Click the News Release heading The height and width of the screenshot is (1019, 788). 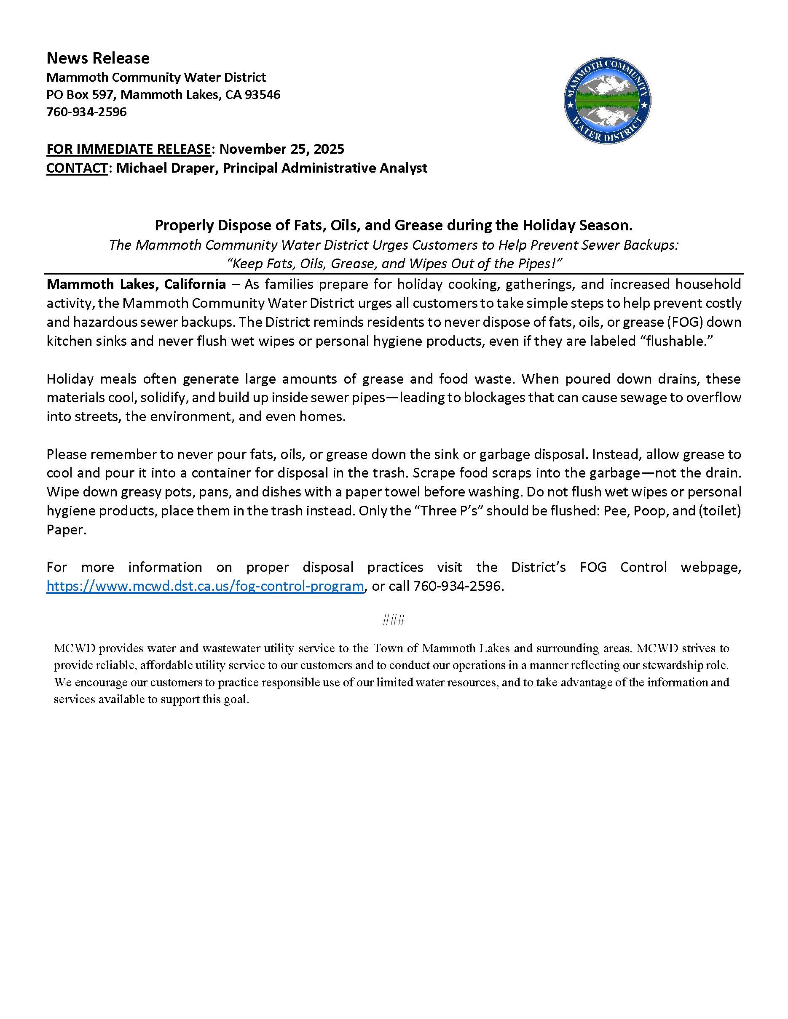98,59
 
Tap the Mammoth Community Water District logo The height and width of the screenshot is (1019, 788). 607,100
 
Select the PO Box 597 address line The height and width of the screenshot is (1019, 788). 163,95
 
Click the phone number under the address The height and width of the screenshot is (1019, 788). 87,112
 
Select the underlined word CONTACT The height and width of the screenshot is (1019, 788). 77,168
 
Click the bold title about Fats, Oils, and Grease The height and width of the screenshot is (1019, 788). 394,225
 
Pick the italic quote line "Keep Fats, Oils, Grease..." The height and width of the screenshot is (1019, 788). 394,264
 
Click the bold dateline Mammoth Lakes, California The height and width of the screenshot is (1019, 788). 136,284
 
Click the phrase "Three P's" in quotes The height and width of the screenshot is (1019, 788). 449,511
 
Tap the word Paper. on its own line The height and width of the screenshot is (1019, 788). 66,530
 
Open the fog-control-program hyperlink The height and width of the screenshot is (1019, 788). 205,586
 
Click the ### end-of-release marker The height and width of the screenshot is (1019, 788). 394,620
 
